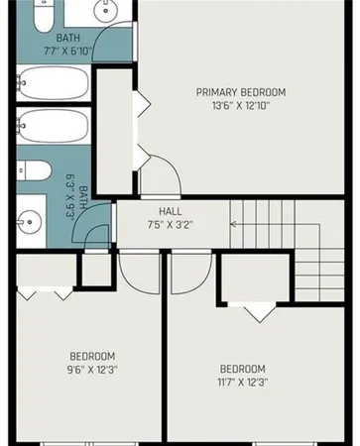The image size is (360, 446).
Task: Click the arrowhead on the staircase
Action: (x=234, y=223)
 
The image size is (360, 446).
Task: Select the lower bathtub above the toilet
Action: (x=54, y=129)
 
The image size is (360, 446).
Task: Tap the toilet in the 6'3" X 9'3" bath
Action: (x=35, y=170)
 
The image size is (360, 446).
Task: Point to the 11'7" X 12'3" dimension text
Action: (x=242, y=382)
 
